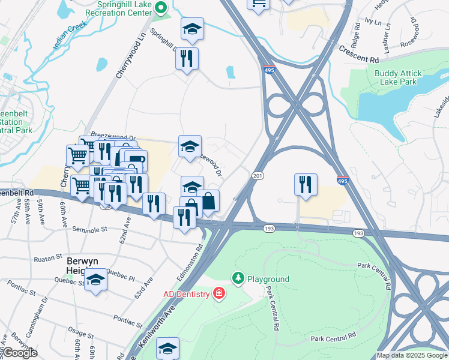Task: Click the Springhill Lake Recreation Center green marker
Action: [x=160, y=8]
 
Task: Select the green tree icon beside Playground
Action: [x=238, y=278]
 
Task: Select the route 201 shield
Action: [x=258, y=175]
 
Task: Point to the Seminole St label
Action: [x=89, y=229]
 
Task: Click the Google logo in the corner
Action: [x=20, y=353]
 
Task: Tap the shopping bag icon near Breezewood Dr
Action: [x=208, y=201]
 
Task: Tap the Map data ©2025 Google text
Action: [x=412, y=355]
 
